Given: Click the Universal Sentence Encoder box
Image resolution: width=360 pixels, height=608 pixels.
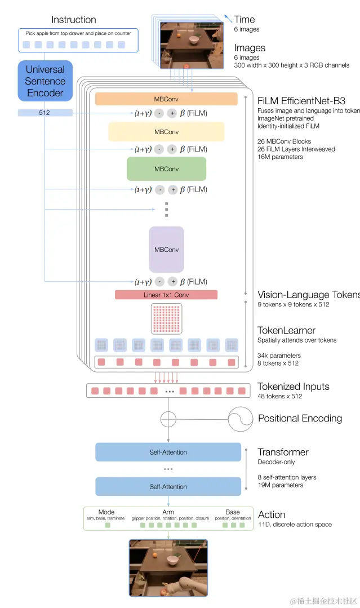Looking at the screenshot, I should click(x=46, y=81).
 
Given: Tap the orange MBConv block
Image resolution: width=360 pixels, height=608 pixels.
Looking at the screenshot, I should click(x=166, y=99).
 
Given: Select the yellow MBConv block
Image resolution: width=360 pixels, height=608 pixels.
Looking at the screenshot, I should click(x=166, y=132).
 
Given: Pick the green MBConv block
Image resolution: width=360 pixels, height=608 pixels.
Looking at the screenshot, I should click(x=166, y=169).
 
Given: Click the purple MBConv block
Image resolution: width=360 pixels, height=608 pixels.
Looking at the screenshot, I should click(x=166, y=249).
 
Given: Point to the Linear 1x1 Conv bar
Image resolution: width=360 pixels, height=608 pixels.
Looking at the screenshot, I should click(x=166, y=295).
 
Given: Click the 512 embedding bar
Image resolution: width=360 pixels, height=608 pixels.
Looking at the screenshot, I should click(x=45, y=113).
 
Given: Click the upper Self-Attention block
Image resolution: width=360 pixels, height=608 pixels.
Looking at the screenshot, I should click(x=168, y=452).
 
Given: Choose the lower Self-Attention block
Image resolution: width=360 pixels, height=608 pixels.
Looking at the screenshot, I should click(x=168, y=486).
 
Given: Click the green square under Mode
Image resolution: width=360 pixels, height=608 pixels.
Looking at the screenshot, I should click(x=108, y=525).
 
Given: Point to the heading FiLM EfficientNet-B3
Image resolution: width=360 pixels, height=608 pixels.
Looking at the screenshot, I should click(x=301, y=101).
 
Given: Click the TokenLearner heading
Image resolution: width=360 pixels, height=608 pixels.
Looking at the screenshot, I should click(x=286, y=330).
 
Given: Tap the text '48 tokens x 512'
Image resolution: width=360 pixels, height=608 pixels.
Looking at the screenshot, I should click(x=280, y=396).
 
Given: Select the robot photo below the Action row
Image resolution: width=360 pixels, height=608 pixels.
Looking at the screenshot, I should click(x=168, y=567).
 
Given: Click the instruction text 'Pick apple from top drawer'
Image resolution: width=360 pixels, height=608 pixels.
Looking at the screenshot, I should click(x=78, y=33).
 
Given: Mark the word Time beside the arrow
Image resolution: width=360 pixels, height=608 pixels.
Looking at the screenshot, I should click(x=245, y=20).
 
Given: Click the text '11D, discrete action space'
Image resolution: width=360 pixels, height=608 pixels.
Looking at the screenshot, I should click(x=295, y=525).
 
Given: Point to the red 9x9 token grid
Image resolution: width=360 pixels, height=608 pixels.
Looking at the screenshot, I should click(x=166, y=319).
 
